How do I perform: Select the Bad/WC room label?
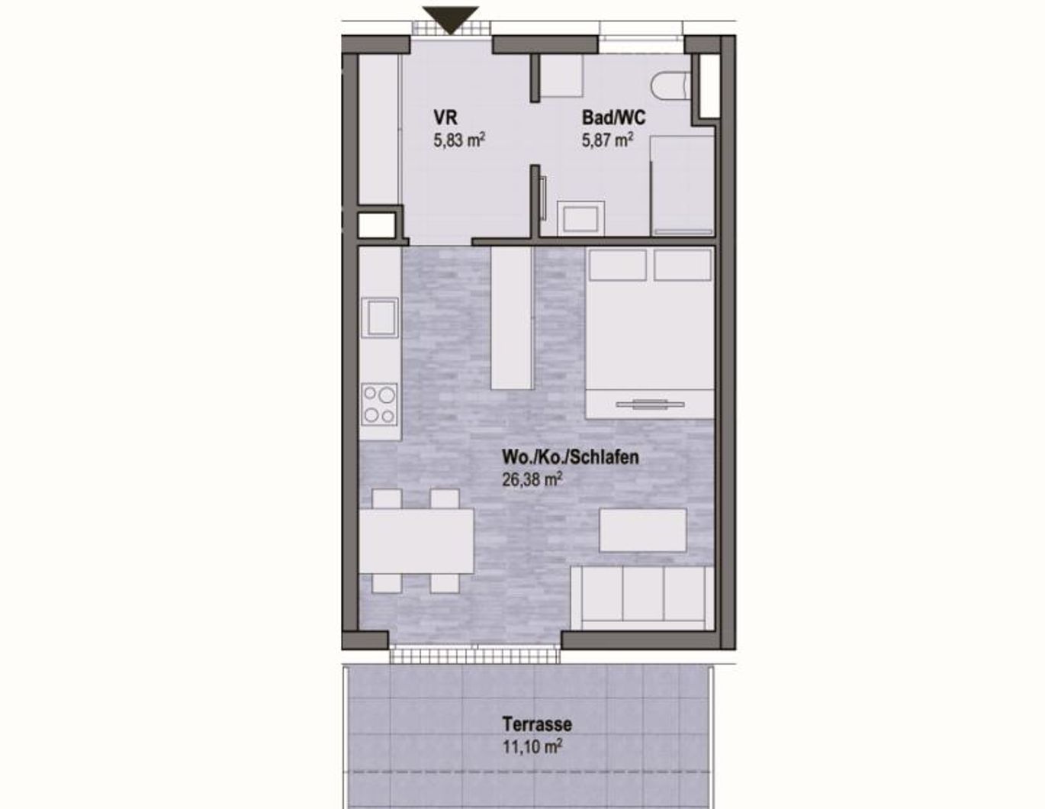(x=613, y=118)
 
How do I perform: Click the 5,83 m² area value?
(x=459, y=140)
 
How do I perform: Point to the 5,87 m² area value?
(x=608, y=140)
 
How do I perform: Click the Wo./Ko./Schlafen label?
(x=570, y=457)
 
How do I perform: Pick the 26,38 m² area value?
(x=532, y=479)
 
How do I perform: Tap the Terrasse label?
(x=537, y=724)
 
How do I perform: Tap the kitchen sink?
(x=379, y=317)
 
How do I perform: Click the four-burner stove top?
(x=379, y=404)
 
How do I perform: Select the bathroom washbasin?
(x=580, y=218)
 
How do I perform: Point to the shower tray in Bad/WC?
(x=681, y=184)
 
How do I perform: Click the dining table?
(x=416, y=541)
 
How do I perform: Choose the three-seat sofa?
(x=643, y=596)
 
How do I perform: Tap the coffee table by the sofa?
(x=642, y=530)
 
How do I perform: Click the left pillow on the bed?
(x=617, y=265)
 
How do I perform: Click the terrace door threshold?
(x=476, y=654)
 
